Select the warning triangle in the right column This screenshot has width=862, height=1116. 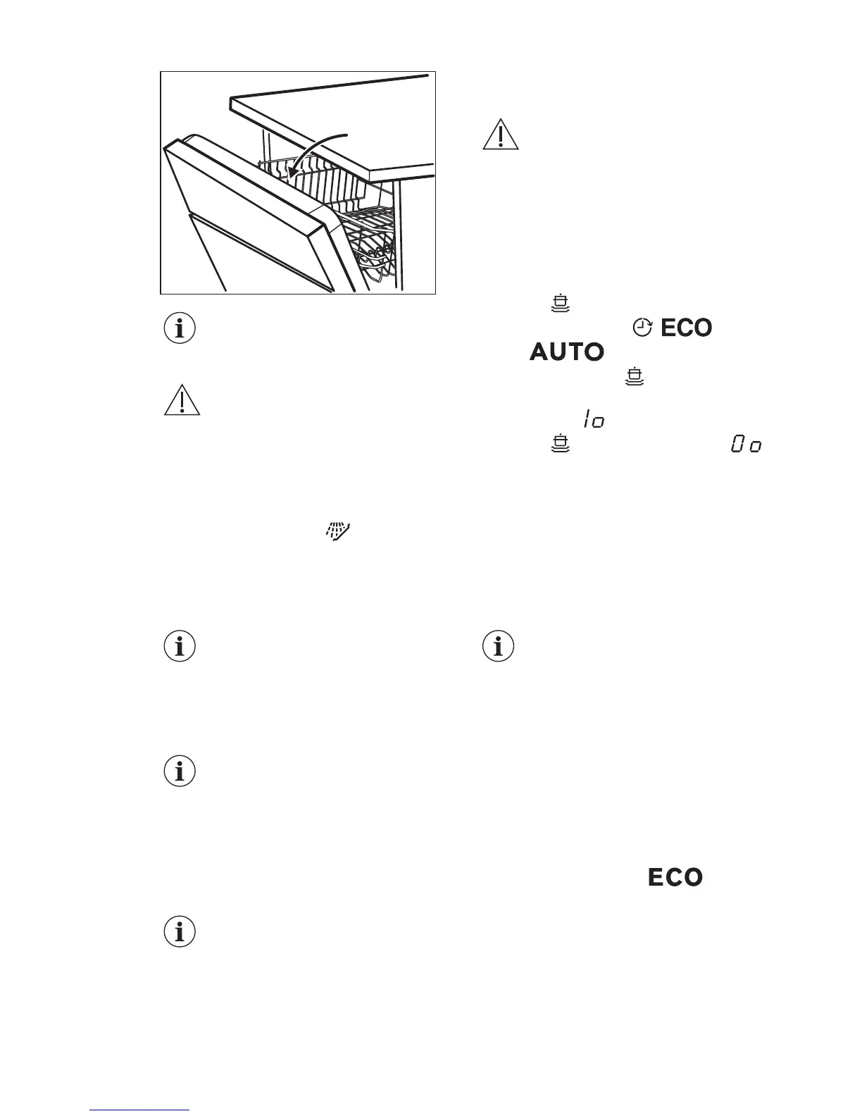(501, 135)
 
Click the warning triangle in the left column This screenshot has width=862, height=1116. (182, 400)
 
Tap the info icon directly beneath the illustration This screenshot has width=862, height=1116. (180, 328)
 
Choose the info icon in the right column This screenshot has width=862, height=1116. (499, 646)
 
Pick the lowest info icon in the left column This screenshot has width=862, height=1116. (180, 932)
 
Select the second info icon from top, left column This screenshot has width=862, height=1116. (180, 646)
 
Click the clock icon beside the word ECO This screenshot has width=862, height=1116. (642, 327)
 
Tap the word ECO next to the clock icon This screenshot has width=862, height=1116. (686, 328)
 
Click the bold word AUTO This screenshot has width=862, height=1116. (567, 352)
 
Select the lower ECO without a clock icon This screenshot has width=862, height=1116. (675, 877)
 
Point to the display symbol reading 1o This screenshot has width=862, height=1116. (593, 421)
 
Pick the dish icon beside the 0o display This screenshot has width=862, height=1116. (561, 444)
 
